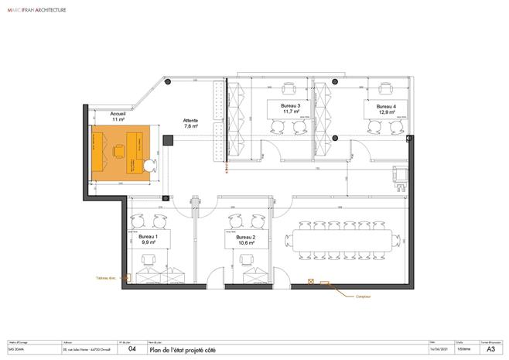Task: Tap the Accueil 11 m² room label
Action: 118,117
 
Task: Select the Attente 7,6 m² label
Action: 190,125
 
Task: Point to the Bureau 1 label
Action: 148,239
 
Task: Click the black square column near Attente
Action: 168,139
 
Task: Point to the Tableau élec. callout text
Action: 107,278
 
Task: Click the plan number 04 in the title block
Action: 132,349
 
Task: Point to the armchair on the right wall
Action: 400,176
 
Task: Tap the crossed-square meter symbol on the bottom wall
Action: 311,282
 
